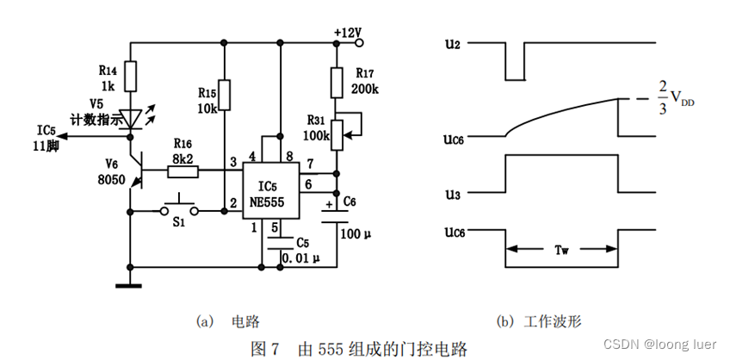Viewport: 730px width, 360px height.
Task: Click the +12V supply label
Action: (348, 33)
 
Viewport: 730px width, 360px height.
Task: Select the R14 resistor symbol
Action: (130, 77)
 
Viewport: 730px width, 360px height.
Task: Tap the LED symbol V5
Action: (130, 117)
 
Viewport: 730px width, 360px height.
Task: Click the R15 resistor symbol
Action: (224, 96)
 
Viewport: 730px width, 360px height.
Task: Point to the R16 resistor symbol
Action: (182, 171)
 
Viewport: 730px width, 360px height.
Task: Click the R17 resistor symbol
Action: (337, 84)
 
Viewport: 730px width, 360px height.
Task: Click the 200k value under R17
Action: (365, 90)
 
